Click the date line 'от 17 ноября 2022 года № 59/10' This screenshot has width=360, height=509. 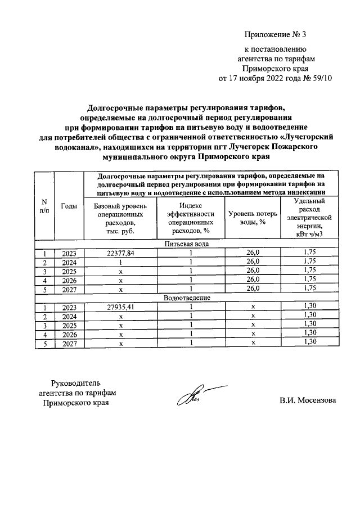[275, 78]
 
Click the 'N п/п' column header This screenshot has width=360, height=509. [44, 206]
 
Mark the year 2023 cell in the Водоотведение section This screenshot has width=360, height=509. [69, 307]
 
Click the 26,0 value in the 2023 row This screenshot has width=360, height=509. [254, 253]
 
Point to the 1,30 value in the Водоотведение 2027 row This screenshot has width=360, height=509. [309, 342]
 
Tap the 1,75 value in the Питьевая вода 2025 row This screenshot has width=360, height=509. [309, 271]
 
